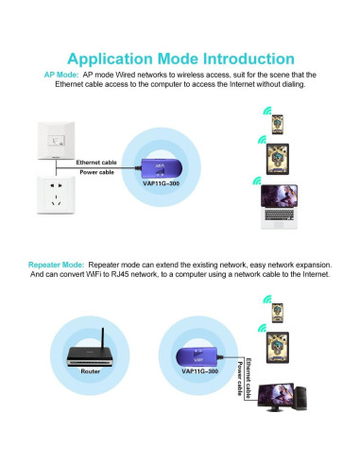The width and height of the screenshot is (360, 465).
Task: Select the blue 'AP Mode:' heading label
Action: click(61, 74)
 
